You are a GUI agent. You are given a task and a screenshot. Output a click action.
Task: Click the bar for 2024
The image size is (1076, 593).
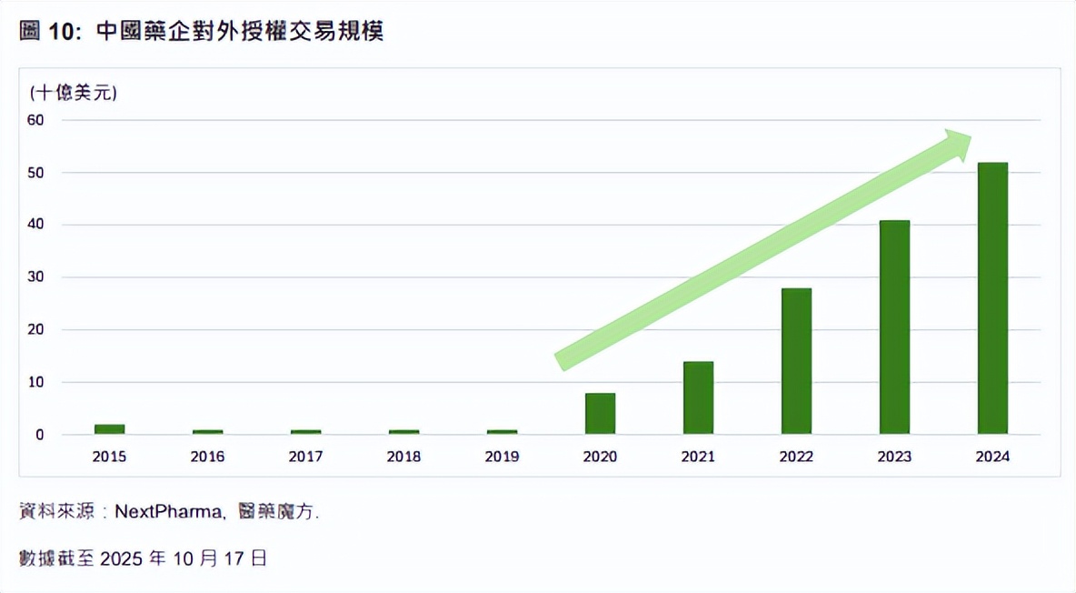pos(992,298)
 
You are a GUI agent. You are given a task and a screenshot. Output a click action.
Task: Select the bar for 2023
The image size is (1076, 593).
pos(894,327)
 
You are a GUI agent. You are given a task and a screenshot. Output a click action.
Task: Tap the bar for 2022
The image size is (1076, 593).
pos(796,361)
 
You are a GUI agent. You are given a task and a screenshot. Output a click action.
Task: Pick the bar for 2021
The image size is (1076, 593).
pos(698,397)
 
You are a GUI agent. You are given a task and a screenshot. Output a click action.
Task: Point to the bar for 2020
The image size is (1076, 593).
pos(600,414)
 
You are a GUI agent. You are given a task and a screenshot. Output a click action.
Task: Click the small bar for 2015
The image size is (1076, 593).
pos(109,429)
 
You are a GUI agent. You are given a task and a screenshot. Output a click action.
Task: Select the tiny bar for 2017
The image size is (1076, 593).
pos(305,432)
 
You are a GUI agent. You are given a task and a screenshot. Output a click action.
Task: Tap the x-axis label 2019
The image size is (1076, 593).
pos(502,457)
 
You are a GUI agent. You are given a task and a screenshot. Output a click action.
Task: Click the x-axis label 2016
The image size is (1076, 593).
pos(207,457)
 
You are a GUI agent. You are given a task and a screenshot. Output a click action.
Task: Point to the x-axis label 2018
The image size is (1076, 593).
pos(403,457)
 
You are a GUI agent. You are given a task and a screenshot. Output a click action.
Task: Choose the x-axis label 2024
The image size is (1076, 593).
pos(992,457)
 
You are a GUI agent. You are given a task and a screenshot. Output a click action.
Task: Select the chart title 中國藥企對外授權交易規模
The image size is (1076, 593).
pos(239,31)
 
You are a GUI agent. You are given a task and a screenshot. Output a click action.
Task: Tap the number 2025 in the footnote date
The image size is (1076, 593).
pos(121,558)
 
